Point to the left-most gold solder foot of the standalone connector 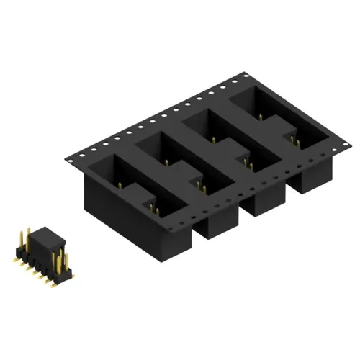tap(14, 253)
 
